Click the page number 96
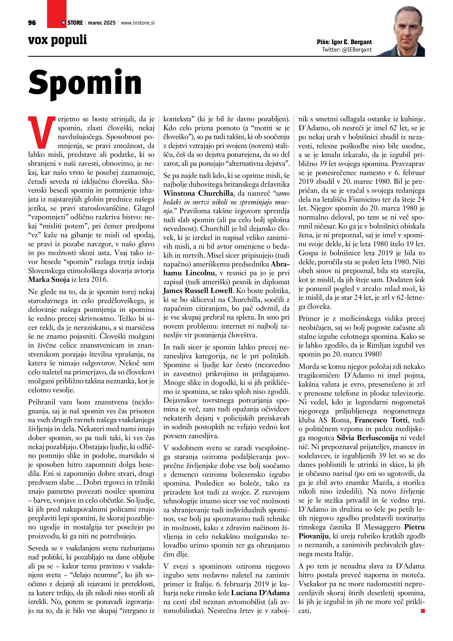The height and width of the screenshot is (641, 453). click(32, 23)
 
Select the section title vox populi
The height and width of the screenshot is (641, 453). click(57, 40)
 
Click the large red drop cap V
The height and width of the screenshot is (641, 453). click(41, 133)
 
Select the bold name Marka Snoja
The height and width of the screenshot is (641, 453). click(49, 279)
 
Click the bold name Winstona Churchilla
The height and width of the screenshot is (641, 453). click(198, 193)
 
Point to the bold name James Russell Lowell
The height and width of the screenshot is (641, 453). click(198, 291)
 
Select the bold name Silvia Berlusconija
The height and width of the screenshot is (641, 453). click(367, 438)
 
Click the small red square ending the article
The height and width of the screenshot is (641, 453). click(423, 611)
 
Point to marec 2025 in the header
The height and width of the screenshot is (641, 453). click(101, 23)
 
